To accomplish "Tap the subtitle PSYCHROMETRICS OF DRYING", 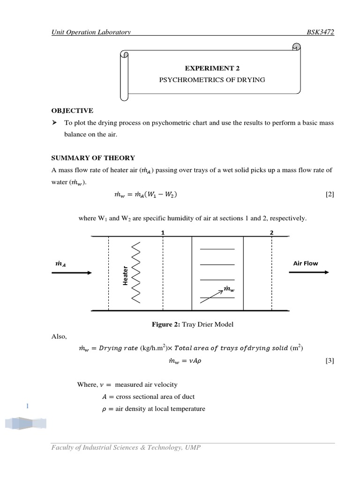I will [x=212, y=80].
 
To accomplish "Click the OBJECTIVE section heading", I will [x=72, y=111].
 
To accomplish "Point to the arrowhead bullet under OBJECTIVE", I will [x=54, y=123].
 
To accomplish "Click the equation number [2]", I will [x=330, y=195].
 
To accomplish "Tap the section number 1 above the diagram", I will [x=163, y=232].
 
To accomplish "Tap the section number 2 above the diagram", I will [x=271, y=232].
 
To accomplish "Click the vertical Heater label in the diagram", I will [x=125, y=275].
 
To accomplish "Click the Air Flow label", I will [x=305, y=263].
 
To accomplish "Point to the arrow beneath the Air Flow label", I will [x=309, y=272].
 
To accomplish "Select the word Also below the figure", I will [x=60, y=336].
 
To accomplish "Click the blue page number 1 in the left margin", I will [x=28, y=406].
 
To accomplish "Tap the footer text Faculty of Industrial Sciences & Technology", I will [x=126, y=448].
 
